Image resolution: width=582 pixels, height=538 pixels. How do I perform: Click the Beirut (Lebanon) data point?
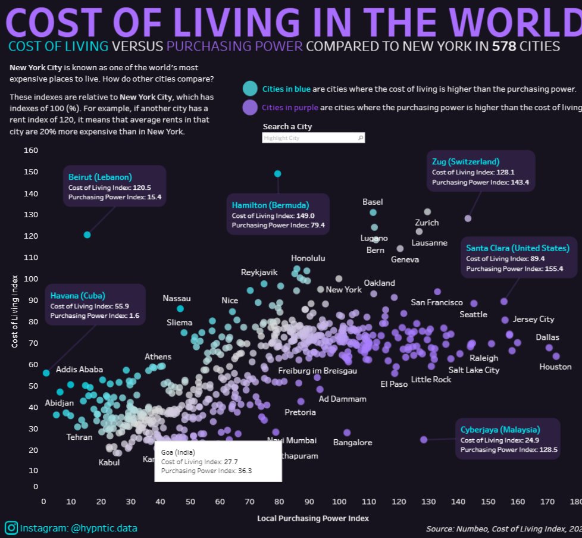[x=87, y=235]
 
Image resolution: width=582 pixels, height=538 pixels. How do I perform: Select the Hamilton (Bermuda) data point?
[x=277, y=174]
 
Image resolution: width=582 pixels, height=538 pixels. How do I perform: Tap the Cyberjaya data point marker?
[x=424, y=440]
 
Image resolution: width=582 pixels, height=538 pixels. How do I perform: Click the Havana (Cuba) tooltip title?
[x=78, y=296]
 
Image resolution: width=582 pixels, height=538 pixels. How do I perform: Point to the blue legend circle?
[x=250, y=89]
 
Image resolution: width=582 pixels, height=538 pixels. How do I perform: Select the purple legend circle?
[x=250, y=108]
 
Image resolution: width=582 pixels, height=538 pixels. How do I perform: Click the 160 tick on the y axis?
[x=31, y=151]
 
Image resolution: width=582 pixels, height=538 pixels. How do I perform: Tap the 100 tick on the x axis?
[x=339, y=502]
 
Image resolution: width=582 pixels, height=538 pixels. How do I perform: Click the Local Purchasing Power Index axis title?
[x=312, y=518]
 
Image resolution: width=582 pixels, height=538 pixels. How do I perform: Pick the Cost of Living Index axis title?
[x=15, y=310]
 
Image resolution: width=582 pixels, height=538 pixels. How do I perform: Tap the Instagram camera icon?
[x=11, y=528]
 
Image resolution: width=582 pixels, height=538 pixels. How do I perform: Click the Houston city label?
[x=555, y=367]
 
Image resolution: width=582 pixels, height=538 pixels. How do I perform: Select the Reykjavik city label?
[x=259, y=272]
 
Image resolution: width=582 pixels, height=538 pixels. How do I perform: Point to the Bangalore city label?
[x=352, y=442]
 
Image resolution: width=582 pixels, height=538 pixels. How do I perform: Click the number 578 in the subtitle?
[x=503, y=46]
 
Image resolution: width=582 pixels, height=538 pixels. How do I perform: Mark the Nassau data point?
[x=180, y=308]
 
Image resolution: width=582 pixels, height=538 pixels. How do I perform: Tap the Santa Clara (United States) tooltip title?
[x=517, y=248]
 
